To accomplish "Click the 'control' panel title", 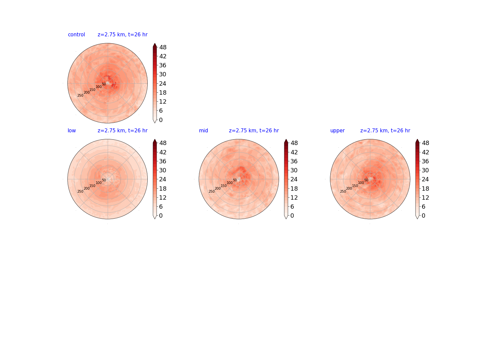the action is click(76, 35).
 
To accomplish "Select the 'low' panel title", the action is click(72, 130).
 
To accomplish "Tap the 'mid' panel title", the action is click(203, 130).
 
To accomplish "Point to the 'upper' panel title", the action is click(337, 130).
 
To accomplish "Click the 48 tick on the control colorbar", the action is click(163, 47).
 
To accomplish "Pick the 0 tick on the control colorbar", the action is click(161, 120).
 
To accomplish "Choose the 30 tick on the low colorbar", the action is click(163, 170).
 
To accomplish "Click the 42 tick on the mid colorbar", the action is click(294, 152).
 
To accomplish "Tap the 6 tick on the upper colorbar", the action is click(423, 207).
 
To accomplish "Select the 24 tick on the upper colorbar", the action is click(425, 179).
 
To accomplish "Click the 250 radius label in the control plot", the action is click(80, 96).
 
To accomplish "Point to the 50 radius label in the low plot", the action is click(104, 180).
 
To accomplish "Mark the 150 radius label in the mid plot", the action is click(223, 186).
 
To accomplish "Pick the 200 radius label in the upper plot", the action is click(349, 188).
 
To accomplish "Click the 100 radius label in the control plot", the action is click(99, 87).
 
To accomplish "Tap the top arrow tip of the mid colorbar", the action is click(286, 139).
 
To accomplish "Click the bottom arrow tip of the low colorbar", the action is click(155, 219).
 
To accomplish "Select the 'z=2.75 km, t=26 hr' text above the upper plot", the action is click(385, 130).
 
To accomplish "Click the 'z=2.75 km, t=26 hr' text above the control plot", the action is click(122, 35).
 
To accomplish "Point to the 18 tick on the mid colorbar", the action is click(294, 188).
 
